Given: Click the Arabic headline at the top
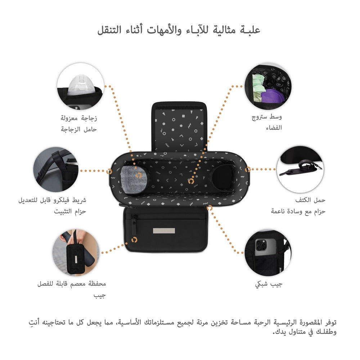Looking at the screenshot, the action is point(179,30).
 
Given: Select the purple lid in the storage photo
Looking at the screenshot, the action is point(273,96).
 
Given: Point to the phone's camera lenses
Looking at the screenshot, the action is point(261,245).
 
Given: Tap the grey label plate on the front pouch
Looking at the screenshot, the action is point(164,230).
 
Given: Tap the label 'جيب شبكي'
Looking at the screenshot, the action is point(269,284).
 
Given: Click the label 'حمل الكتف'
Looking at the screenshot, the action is point(310,200).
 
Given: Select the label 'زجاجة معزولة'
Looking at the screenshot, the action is point(79,118).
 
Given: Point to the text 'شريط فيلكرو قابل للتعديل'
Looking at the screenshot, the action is point(52,200).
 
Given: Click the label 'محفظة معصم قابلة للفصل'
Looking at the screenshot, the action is point(72,284).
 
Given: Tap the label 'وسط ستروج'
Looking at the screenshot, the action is point(267,117).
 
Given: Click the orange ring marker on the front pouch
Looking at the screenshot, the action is point(134,240).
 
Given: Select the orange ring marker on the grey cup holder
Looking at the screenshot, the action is point(139,176).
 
